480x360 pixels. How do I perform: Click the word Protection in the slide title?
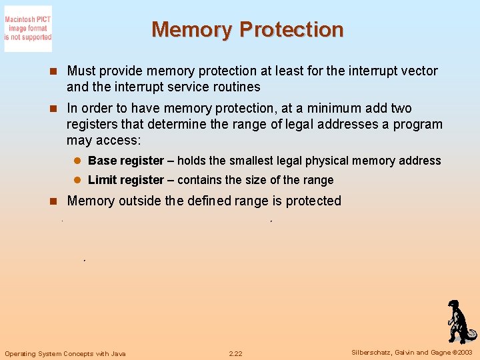291,30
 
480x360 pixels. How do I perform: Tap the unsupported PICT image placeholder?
28,29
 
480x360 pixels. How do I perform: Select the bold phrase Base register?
126,161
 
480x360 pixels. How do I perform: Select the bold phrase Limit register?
126,180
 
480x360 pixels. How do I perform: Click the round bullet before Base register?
77,161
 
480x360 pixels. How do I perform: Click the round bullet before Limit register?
77,180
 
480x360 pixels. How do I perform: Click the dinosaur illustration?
459,321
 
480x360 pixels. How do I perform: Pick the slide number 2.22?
235,353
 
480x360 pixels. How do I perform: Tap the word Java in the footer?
117,353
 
